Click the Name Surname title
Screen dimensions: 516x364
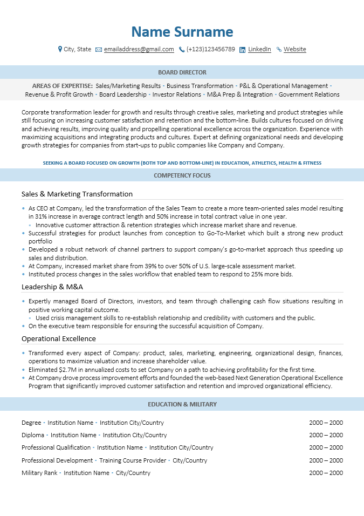pyautogui.click(x=182, y=32)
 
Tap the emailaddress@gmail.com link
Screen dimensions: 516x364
pyautogui.click(x=139, y=49)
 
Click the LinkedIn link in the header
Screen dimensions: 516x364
pyautogui.click(x=259, y=49)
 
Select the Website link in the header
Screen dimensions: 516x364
pyautogui.click(x=294, y=49)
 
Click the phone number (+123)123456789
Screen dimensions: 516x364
pyautogui.click(x=210, y=49)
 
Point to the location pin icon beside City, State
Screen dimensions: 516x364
pyautogui.click(x=60, y=49)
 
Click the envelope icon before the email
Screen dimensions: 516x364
pyautogui.click(x=99, y=50)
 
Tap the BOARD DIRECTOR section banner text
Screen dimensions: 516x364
pyautogui.click(x=182, y=72)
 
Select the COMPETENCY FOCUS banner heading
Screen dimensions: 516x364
pyautogui.click(x=182, y=175)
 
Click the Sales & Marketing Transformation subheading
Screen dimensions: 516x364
pyautogui.click(x=77, y=194)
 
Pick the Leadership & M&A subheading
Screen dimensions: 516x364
pyautogui.click(x=52, y=287)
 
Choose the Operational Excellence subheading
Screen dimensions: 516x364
pyautogui.click(x=59, y=338)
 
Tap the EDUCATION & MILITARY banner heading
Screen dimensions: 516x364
pyautogui.click(x=182, y=404)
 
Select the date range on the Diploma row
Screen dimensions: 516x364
pyautogui.click(x=326, y=435)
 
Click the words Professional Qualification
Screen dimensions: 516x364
pyautogui.click(x=56, y=447)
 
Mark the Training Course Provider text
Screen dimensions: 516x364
pyautogui.click(x=133, y=460)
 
